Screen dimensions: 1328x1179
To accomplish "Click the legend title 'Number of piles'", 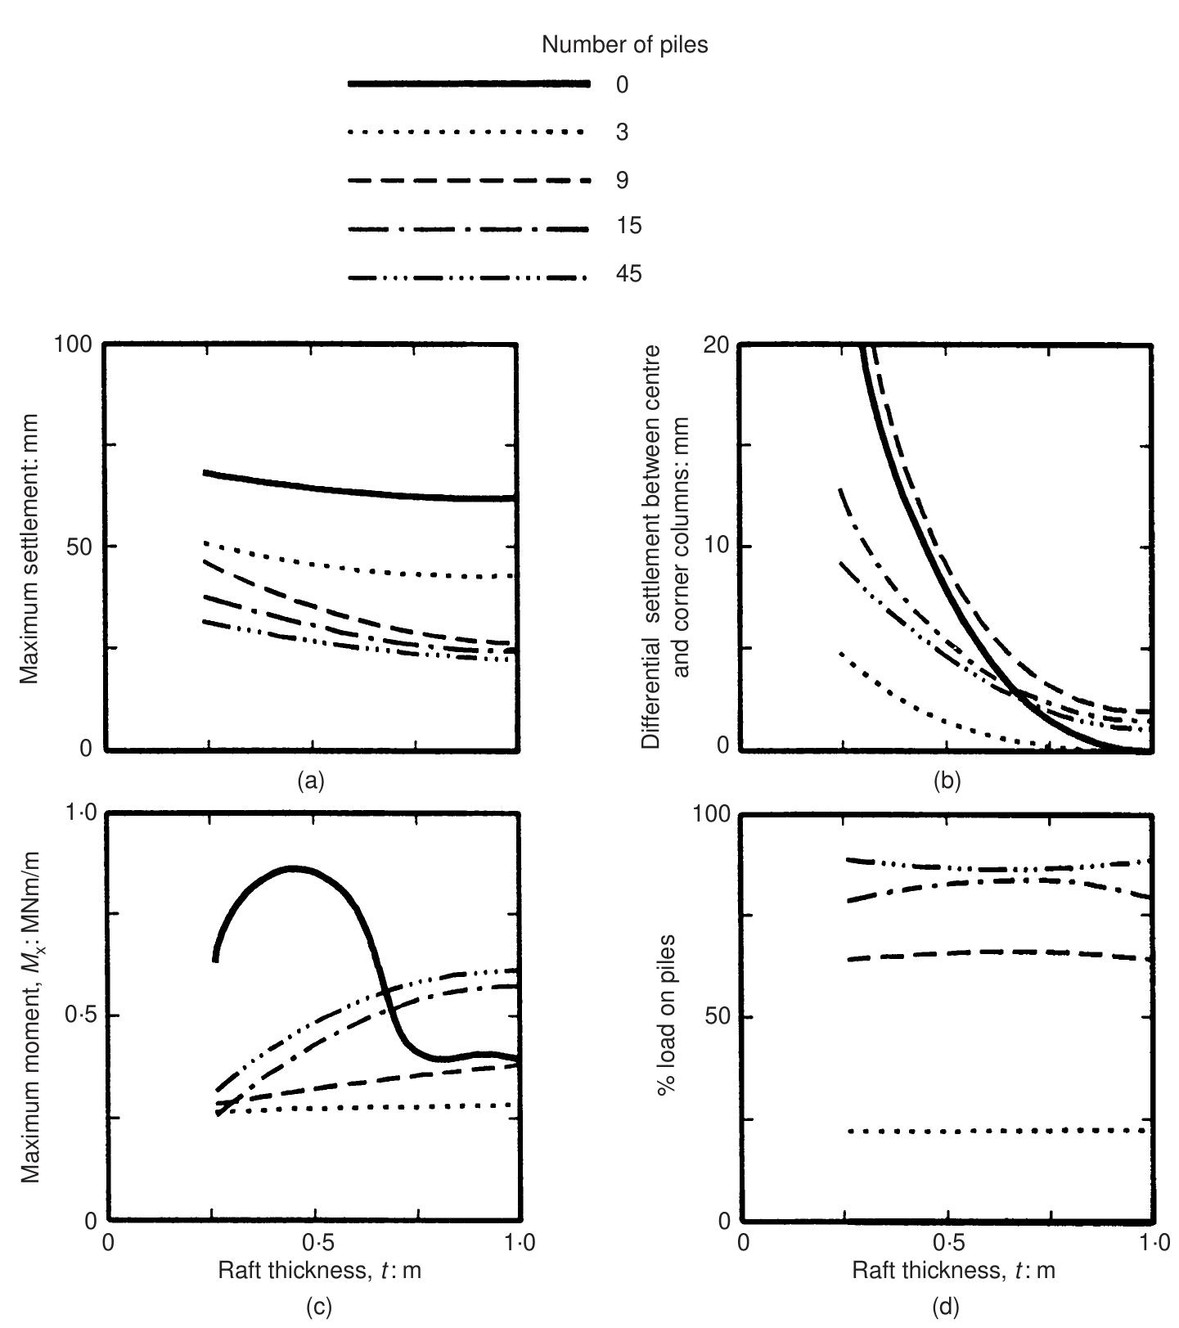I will point(624,46).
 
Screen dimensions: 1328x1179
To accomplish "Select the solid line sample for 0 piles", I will point(468,84).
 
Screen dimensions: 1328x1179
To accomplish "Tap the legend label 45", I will point(628,274).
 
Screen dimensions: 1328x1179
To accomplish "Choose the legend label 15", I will point(628,227).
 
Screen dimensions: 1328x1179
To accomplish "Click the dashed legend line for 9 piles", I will point(468,180).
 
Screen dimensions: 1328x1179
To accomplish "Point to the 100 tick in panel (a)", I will point(75,344).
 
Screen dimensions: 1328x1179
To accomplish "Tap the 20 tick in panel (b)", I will point(715,344).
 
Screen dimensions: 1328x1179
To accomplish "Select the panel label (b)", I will point(947,781).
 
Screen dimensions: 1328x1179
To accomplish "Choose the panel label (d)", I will point(947,1306).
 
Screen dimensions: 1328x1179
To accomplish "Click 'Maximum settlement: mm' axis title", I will point(30,546).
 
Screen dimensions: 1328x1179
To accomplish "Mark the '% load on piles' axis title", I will point(668,1016).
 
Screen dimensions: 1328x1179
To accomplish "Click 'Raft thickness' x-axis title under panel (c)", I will point(319,1271).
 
